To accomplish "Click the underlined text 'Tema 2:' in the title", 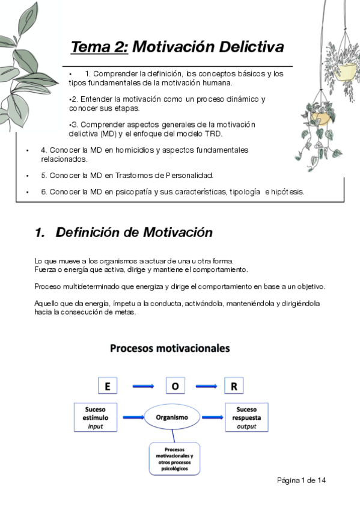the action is pos(99,47).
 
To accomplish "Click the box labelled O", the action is pos(175,386).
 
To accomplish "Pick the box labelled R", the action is pos(234,386).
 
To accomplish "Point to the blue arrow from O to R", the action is pos(205,386).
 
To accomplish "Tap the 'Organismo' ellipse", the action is pos(172,417).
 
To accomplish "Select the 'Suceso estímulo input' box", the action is pos(95,417).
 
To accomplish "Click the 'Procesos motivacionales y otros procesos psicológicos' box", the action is pos(175,460).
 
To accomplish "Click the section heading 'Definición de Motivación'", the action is pos(134,232).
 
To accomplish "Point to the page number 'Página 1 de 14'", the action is pos(302,481).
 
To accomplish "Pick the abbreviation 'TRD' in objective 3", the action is pos(213,133).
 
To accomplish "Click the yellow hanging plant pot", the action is pos(346,72).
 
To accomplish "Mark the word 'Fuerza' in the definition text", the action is pos(46,269).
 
